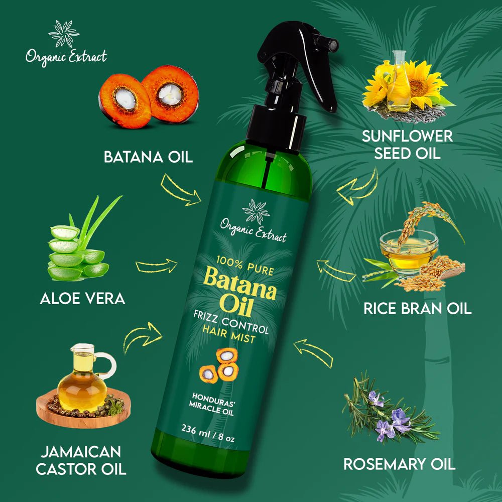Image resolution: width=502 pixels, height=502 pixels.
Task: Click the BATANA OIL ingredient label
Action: [148, 157]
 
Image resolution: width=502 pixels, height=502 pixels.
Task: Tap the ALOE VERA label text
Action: [82, 299]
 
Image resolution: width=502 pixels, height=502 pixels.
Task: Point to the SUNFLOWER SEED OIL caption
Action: [407, 144]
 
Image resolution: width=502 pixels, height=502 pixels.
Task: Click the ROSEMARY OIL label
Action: [399, 464]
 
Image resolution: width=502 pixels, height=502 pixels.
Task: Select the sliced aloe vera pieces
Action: [75, 254]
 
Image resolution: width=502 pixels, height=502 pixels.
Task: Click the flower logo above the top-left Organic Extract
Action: [64, 34]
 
